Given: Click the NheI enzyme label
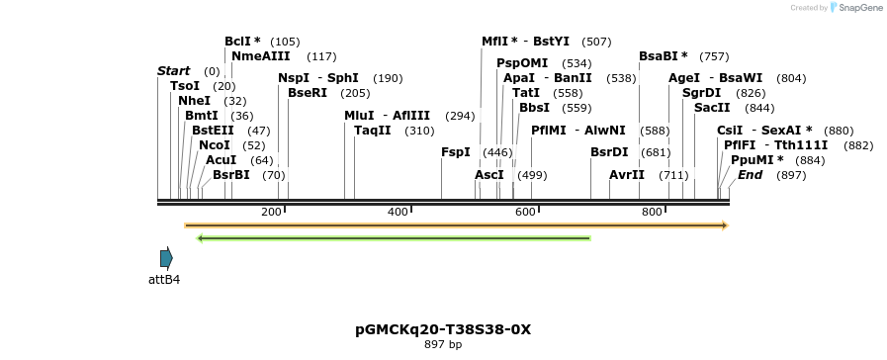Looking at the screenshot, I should tap(194, 101).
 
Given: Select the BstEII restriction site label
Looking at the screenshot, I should tap(213, 131).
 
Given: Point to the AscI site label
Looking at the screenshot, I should tap(488, 175).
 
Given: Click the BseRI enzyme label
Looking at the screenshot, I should tap(308, 93).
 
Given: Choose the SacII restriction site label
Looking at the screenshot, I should tap(712, 108).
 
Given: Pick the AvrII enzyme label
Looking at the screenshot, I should tap(627, 175).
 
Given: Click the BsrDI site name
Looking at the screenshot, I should tap(609, 152).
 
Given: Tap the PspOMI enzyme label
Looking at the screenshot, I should tap(522, 63).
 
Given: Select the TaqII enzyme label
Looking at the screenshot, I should tap(373, 131).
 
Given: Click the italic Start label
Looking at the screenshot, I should tap(173, 71).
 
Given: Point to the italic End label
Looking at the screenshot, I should tap(750, 175).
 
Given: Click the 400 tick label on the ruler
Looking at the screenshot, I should tap(398, 213).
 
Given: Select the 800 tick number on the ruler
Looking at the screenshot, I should tap(652, 213).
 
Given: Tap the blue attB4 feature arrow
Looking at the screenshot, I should tap(166, 258).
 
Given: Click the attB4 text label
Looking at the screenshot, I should tap(164, 280).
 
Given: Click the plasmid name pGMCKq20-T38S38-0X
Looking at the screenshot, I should tap(443, 329).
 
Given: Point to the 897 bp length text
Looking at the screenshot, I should tap(443, 345).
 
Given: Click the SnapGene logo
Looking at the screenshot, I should tap(855, 8).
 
